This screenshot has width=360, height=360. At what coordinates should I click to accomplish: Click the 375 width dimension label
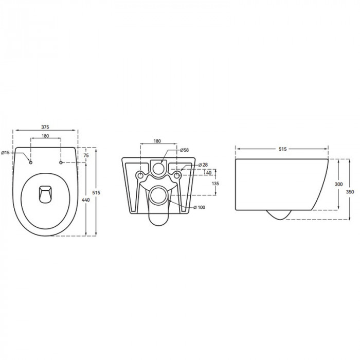45,127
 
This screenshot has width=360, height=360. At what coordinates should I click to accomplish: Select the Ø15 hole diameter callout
5,153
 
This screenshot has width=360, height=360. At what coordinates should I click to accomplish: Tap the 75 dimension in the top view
86,155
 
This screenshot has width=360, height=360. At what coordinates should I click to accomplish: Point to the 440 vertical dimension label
86,200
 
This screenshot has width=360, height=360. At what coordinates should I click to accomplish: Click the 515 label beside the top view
96,193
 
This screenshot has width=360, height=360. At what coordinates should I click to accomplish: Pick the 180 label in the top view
45,136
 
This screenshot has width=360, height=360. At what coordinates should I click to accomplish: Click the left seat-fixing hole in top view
30,163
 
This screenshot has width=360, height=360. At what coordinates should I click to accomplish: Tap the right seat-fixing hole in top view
61,163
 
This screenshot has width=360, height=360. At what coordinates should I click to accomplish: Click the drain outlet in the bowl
45,194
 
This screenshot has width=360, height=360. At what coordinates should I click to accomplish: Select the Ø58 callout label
184,150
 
